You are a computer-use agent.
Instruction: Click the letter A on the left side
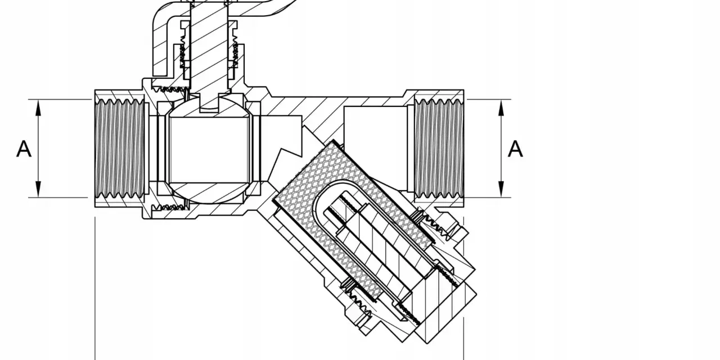(24, 149)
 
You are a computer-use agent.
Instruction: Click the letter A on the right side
(515, 149)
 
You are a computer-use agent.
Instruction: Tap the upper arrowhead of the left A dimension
(39, 107)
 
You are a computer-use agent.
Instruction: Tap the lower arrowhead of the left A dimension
(39, 189)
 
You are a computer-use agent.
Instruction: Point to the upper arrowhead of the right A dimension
(501, 107)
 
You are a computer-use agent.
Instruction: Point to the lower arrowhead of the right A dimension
(501, 189)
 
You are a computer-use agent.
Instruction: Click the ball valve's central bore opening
(209, 150)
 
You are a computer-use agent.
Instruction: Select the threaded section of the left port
(120, 148)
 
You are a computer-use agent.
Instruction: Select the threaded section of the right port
(439, 148)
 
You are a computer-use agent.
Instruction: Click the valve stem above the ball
(209, 48)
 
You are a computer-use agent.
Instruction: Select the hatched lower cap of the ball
(209, 193)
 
